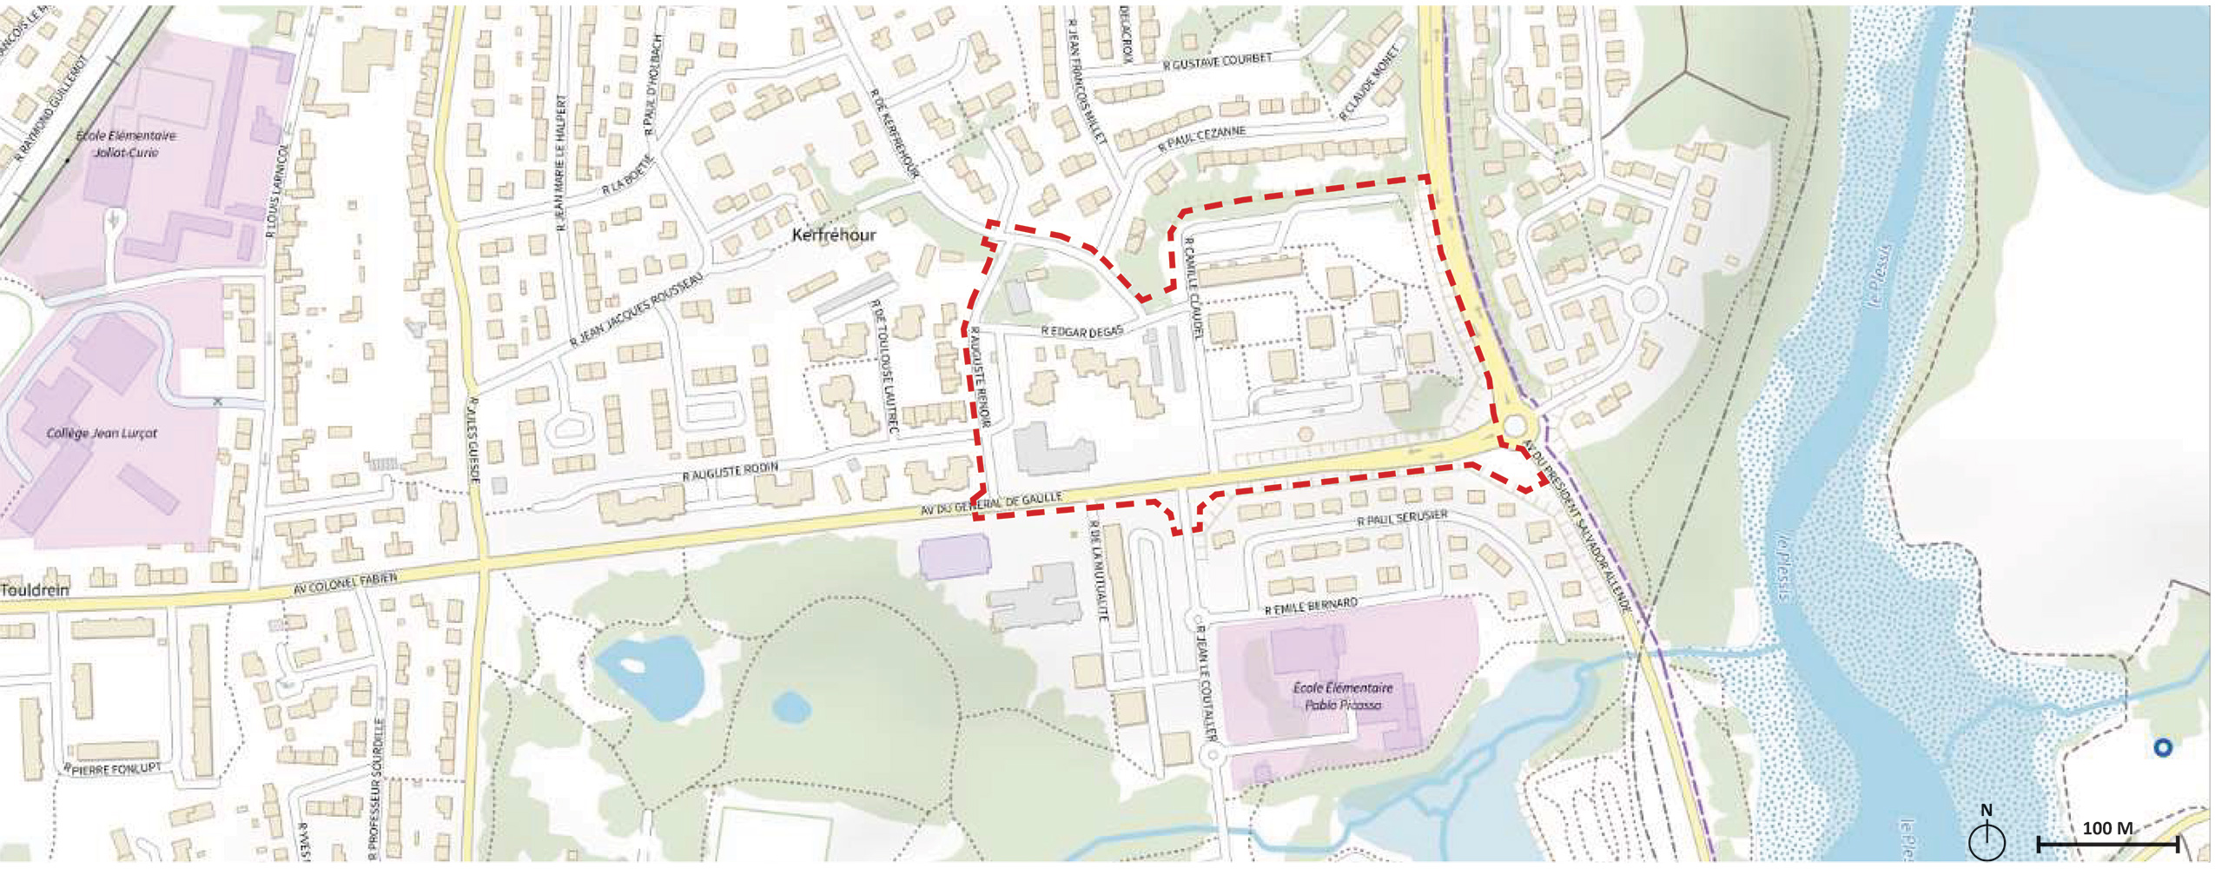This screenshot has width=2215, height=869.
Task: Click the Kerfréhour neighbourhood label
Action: (834, 235)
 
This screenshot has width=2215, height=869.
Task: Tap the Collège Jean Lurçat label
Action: (102, 433)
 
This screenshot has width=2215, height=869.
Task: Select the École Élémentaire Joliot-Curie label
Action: (126, 143)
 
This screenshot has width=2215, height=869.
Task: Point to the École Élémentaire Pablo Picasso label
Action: (1343, 696)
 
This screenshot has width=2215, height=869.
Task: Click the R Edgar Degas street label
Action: (1082, 331)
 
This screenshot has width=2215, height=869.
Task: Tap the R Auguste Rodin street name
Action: (730, 471)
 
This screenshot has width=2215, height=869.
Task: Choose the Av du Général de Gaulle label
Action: (991, 504)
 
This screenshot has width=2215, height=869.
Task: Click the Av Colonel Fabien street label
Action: (345, 583)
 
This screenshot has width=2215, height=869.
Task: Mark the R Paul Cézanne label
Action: (1202, 140)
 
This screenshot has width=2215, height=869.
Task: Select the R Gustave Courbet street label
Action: (1217, 61)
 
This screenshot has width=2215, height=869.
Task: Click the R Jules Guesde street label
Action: (474, 441)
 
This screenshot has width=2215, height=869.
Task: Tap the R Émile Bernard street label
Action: (1311, 606)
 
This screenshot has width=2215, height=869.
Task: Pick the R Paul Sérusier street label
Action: (1402, 519)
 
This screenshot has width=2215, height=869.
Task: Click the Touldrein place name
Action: (35, 590)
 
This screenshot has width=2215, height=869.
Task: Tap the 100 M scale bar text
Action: (2106, 828)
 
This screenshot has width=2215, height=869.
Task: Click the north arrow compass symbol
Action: (1987, 836)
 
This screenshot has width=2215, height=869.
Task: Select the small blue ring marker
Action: (2163, 747)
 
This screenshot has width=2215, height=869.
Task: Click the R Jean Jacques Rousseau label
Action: (636, 309)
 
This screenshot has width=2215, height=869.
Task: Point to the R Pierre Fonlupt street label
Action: (113, 769)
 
